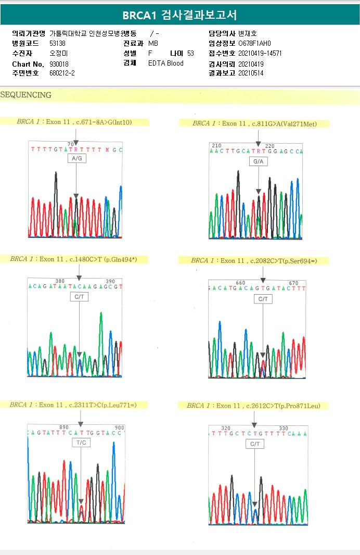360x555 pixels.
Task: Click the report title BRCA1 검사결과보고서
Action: click(179, 15)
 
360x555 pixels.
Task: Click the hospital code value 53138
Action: click(57, 43)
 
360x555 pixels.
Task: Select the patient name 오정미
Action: click(59, 53)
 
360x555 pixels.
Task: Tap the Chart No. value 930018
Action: click(59, 64)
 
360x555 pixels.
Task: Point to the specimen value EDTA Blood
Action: click(166, 64)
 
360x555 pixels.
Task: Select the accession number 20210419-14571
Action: click(260, 53)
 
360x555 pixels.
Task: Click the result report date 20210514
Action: click(251, 73)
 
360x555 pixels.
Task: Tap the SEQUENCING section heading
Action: click(26, 95)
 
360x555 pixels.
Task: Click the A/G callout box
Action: click(76, 158)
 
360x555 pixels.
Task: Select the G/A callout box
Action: click(259, 162)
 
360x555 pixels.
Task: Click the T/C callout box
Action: click(81, 442)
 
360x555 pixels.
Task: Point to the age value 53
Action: click(190, 53)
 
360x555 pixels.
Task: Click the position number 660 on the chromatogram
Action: click(240, 283)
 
